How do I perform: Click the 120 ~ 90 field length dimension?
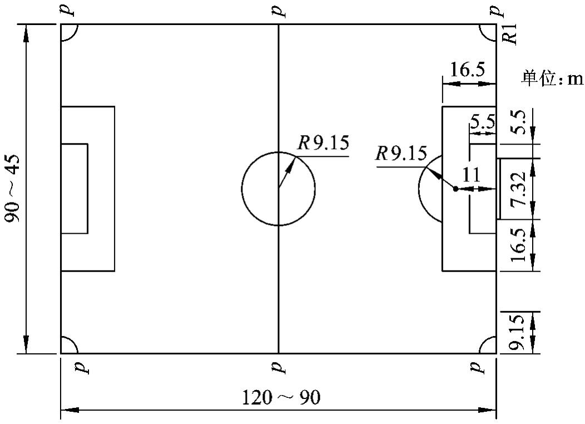[281, 398]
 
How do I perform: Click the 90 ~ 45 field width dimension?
[13, 188]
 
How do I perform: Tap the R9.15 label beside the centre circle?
[323, 144]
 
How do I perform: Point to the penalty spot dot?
[455, 189]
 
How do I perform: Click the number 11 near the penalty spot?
[471, 175]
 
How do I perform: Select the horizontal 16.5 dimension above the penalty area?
[468, 71]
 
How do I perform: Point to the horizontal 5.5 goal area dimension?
[482, 122]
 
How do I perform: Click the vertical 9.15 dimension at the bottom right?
[518, 333]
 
